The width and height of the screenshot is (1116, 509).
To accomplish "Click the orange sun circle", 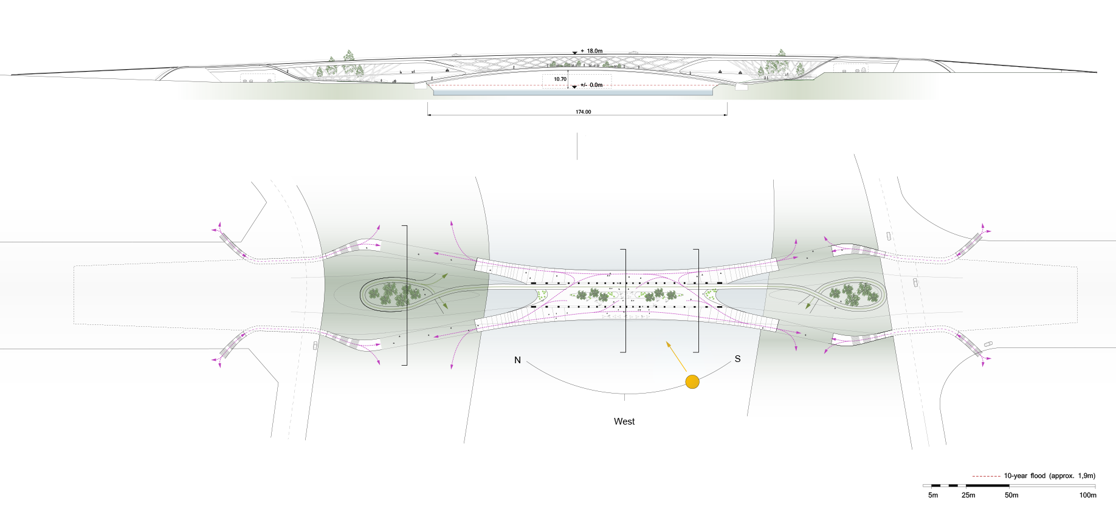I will tap(692, 381).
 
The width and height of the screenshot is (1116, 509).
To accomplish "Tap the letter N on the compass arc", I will tap(517, 360).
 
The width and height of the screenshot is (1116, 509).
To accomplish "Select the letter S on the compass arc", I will tap(737, 359).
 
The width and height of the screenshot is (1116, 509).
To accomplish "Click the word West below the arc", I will tap(624, 422).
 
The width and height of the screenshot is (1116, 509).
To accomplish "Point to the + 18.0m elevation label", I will tap(591, 51).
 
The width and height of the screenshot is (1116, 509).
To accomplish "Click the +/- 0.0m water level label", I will tap(591, 85).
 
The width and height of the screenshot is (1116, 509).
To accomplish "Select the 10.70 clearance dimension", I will tap(560, 79).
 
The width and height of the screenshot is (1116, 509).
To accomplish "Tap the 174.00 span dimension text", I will tap(583, 112).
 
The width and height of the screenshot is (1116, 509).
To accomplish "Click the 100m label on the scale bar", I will tap(1087, 495).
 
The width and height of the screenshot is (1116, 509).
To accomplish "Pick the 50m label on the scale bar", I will tap(1011, 495).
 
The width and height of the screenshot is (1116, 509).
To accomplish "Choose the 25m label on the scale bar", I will tap(968, 495).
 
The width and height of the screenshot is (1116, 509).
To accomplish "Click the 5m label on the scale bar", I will tap(933, 495).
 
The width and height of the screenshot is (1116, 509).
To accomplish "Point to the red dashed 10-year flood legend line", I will tap(986, 476).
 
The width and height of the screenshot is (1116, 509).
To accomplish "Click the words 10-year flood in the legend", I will tap(1024, 476).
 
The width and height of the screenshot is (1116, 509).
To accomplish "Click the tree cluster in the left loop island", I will tap(395, 295).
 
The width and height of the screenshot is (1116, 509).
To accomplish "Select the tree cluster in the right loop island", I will tap(852, 293).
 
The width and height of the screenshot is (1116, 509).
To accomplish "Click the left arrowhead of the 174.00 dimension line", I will tap(429, 114).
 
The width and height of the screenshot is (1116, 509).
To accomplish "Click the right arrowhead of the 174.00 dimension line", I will tap(726, 114).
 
